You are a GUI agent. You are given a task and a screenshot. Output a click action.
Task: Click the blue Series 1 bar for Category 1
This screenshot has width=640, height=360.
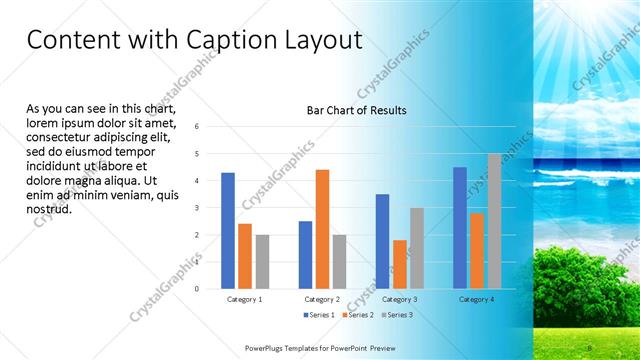tap(228, 231)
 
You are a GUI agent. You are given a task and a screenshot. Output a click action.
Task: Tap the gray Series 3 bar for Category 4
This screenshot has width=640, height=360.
tap(494, 221)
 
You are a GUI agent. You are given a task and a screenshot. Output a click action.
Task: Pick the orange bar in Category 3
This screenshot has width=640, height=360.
tap(400, 264)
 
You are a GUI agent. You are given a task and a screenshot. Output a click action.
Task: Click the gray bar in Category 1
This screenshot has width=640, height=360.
tap(262, 262)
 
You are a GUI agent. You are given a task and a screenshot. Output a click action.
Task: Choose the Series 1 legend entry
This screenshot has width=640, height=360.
tap(318, 315)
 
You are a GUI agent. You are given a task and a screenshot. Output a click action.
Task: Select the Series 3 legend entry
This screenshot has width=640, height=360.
tap(396, 315)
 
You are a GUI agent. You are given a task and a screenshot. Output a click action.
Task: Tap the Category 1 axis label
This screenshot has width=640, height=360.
tap(245, 299)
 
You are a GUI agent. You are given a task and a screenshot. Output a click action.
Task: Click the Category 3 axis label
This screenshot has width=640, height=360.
tap(400, 299)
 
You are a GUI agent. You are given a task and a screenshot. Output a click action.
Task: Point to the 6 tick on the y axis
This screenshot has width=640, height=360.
tap(197, 126)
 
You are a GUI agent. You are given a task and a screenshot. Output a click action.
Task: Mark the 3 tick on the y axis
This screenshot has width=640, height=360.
tap(197, 208)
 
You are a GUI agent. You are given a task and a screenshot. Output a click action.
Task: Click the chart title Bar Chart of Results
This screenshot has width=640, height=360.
tap(356, 110)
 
